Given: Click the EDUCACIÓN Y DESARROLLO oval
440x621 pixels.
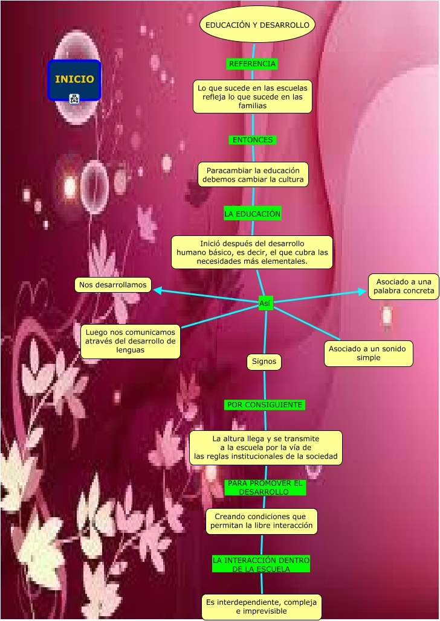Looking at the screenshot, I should [257, 25].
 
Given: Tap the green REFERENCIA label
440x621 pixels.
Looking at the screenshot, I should [252, 64].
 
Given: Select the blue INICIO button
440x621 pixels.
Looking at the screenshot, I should [74, 80].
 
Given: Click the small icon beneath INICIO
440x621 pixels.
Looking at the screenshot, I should [74, 99].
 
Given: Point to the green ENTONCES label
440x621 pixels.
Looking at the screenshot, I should [253, 140].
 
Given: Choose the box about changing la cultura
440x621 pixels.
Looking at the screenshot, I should [253, 175].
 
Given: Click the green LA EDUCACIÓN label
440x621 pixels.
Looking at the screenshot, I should [253, 214].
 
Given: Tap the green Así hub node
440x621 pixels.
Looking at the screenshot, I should [265, 304].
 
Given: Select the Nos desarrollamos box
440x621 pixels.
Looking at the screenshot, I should [113, 285].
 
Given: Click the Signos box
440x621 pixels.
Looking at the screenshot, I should [264, 362].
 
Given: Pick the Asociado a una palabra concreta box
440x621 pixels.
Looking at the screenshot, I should [404, 287].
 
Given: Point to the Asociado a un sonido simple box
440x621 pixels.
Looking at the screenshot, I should [369, 353].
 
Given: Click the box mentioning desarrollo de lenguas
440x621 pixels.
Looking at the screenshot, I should [131, 341].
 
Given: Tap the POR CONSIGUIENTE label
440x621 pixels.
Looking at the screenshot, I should [265, 404].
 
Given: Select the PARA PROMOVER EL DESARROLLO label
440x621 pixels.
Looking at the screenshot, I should [264, 488].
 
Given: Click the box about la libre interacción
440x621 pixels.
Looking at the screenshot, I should [261, 521].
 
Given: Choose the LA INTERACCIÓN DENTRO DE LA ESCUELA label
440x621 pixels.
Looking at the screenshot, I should [261, 564].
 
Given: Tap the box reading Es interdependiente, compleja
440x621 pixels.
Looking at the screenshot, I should [261, 607].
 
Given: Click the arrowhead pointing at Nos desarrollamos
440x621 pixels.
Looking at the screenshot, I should [157, 290].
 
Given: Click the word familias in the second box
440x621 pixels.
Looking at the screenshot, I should [253, 106].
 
